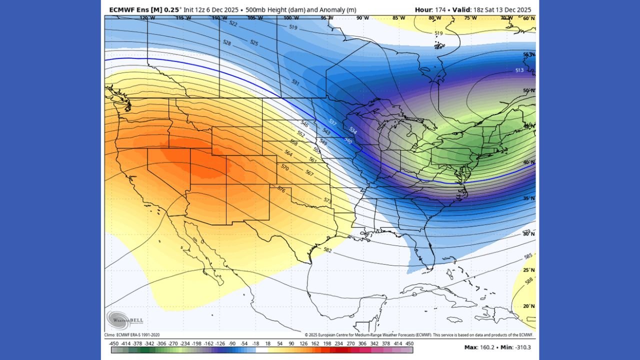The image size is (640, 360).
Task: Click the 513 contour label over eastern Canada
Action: [519, 70]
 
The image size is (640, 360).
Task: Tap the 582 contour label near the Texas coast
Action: [327, 249]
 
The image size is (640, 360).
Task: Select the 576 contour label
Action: [281, 190]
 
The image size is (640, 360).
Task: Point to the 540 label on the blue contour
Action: [348, 140]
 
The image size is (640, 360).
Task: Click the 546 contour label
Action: [304, 123]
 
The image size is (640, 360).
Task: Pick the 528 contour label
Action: [226, 43]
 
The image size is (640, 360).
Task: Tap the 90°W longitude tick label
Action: [363, 18]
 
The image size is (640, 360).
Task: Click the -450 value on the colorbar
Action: [113, 343]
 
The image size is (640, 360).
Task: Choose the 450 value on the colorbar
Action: [409, 343]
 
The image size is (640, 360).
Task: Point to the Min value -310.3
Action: [524, 347]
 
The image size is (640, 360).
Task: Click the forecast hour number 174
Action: [440, 9]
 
